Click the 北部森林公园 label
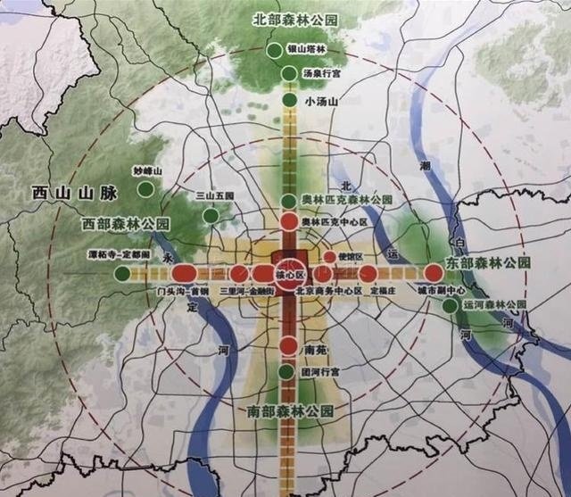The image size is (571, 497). pos(295,18)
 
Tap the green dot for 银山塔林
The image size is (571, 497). pos(273,50)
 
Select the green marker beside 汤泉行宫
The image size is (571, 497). pos(288,73)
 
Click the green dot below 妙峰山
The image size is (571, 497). pos(145,189)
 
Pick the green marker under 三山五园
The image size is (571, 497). pos(211,215)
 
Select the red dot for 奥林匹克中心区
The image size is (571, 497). pos(288,221)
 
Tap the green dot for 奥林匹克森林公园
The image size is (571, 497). pos(288,201)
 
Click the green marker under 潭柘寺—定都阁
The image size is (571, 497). pos(122,272)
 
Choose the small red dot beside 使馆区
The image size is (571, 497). pos(329,257)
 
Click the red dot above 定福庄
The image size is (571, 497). pos(368,273)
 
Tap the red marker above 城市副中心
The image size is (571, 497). pos(434,273)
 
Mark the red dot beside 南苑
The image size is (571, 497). pos(288,346)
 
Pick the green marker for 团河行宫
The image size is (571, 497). pos(285,372)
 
